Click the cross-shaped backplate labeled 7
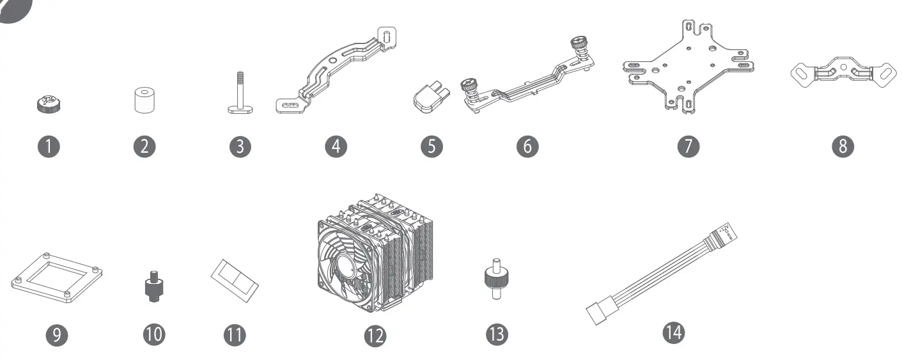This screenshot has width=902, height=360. (x=687, y=67)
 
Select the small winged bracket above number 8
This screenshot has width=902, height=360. (x=842, y=72)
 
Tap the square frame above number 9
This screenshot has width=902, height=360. (x=58, y=279)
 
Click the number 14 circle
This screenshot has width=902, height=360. (x=673, y=332)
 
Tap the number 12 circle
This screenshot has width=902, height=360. (x=375, y=336)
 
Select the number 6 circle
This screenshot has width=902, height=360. (x=527, y=146)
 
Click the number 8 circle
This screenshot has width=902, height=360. (x=843, y=146)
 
